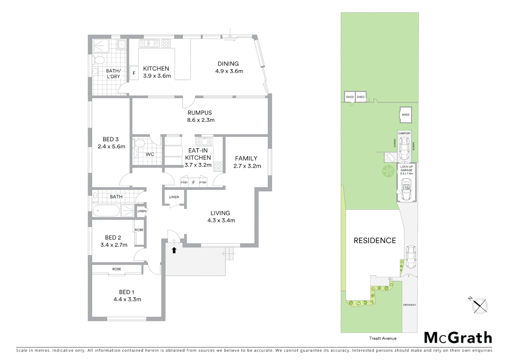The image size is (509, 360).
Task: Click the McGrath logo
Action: click(x=458, y=338)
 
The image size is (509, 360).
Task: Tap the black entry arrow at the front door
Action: click(x=174, y=250)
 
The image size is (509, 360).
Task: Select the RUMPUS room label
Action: click(x=200, y=113)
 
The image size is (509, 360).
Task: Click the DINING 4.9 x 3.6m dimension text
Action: click(x=229, y=71)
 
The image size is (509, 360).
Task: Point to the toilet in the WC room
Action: click(x=139, y=143)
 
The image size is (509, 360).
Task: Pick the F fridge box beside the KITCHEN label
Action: click(x=134, y=73)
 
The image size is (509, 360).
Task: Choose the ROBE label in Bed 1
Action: click(x=117, y=269)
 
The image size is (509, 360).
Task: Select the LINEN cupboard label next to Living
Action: click(x=174, y=197)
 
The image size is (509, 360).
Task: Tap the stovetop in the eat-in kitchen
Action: click(x=218, y=166)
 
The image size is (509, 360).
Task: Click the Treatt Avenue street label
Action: click(x=383, y=338)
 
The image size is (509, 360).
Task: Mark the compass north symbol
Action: click(x=480, y=305)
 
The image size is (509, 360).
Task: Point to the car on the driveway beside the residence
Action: click(x=411, y=257)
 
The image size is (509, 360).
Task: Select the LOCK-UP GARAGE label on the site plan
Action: click(x=406, y=170)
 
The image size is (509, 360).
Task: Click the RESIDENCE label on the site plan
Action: click(x=375, y=241)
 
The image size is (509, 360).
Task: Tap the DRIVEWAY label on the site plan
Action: click(x=409, y=305)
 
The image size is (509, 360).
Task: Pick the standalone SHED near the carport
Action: click(x=405, y=115)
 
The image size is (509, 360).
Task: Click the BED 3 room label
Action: click(x=111, y=139)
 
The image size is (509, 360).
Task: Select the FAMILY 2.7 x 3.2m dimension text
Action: click(x=247, y=166)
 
